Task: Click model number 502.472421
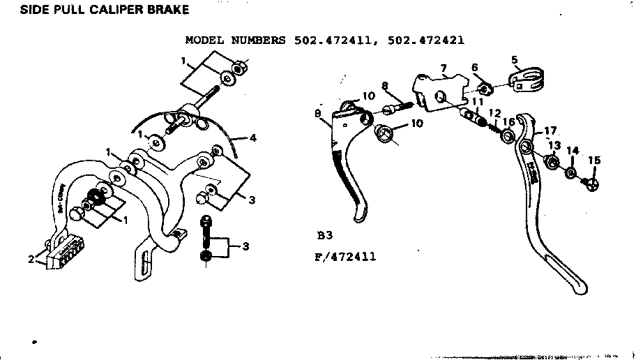(423, 40)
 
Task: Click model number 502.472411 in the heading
(331, 40)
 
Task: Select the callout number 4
(253, 138)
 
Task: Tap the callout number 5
(515, 60)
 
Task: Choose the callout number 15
(593, 160)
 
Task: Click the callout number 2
(31, 260)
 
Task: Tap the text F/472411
(344, 257)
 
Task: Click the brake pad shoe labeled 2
(65, 254)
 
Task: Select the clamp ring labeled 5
(527, 82)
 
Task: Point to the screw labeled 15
(591, 183)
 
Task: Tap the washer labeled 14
(570, 172)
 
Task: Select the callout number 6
(475, 67)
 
